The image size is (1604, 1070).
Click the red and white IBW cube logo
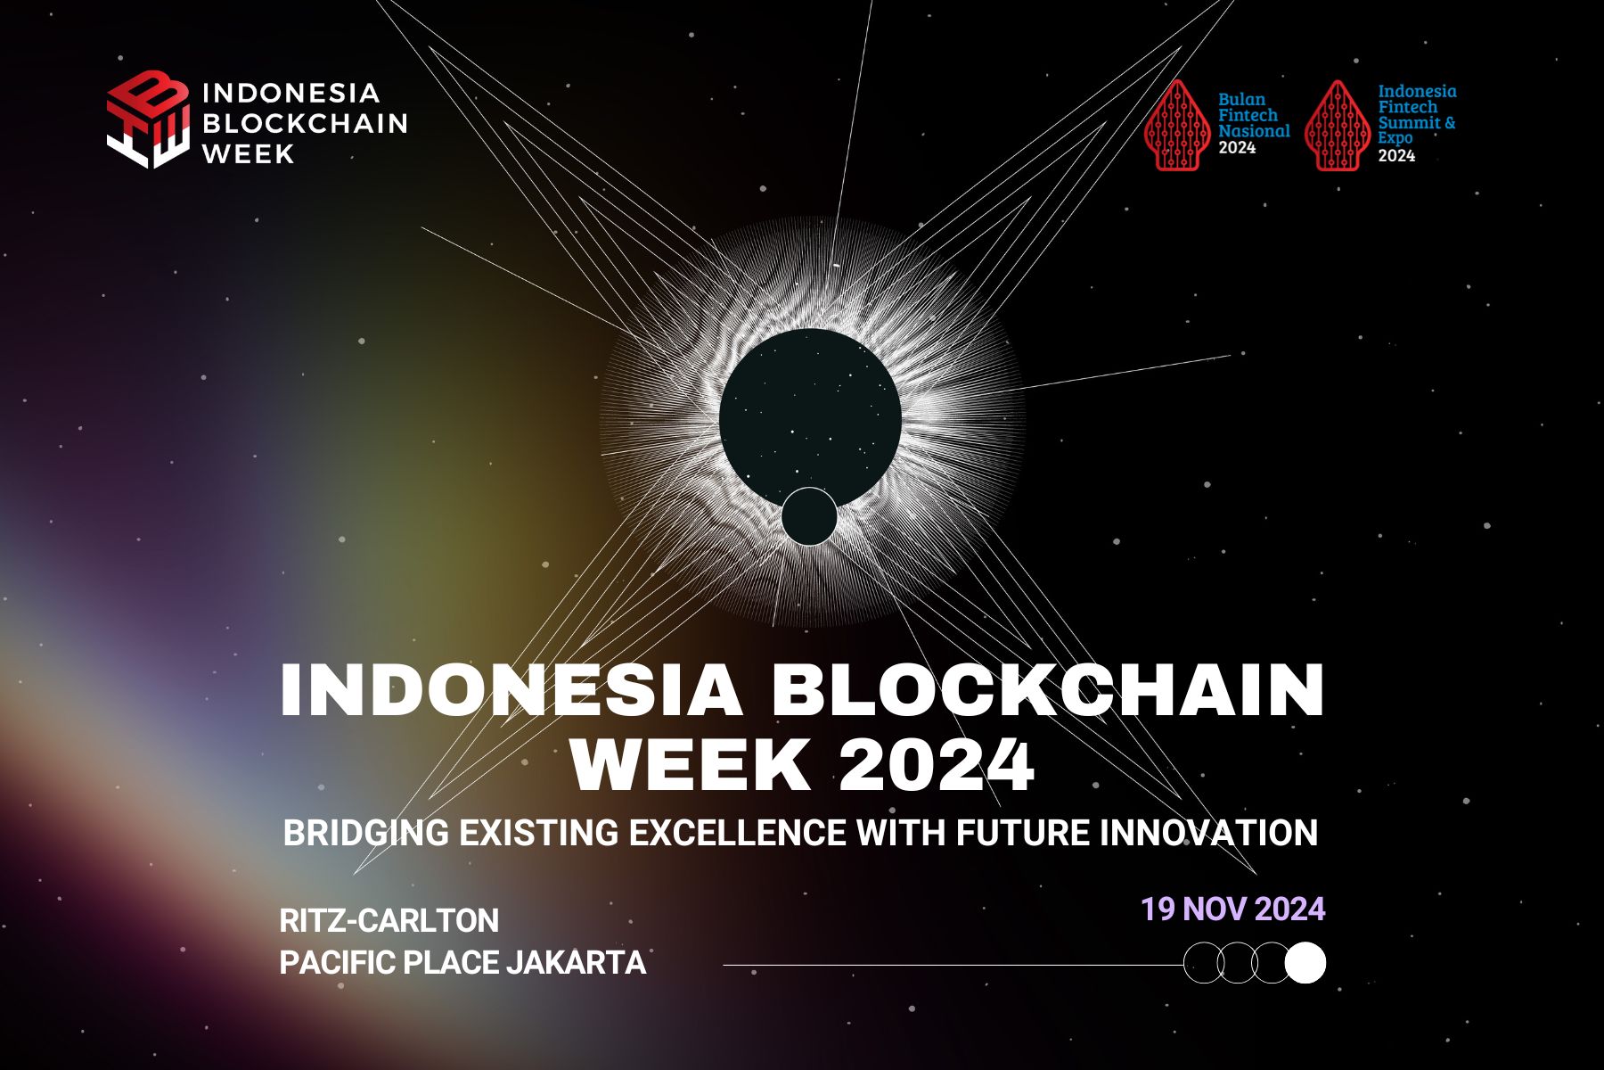tap(148, 119)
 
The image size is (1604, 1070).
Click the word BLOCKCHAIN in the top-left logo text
tap(305, 123)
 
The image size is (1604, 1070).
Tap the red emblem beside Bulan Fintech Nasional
tap(1177, 126)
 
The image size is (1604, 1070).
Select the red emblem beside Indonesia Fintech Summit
tap(1337, 126)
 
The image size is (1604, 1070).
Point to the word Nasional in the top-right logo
tap(1254, 131)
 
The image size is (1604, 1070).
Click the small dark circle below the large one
tap(809, 516)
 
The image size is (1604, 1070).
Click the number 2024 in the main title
tap(937, 764)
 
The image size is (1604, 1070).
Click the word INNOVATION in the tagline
tap(1208, 834)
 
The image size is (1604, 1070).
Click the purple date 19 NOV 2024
tap(1232, 909)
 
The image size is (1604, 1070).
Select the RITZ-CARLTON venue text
tap(389, 920)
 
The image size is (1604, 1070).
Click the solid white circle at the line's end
tap(1305, 963)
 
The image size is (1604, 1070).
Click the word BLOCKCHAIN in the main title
tap(1048, 691)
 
